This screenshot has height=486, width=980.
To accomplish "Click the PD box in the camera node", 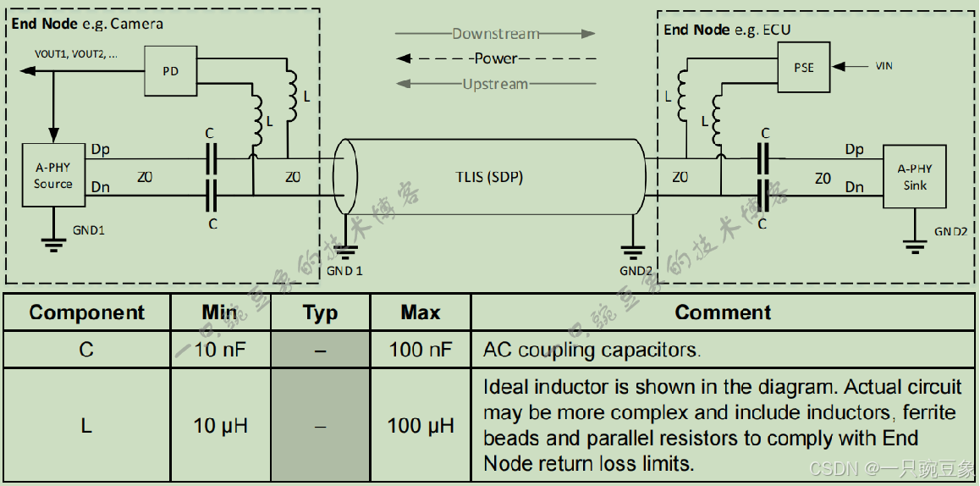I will pyautogui.click(x=170, y=71).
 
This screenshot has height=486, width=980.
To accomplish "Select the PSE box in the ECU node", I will pyautogui.click(x=803, y=67).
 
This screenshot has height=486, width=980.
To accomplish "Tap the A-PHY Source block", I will pyautogui.click(x=53, y=175).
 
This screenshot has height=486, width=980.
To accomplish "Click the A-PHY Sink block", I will pyautogui.click(x=915, y=177).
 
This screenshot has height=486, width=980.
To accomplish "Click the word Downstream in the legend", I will pyautogui.click(x=495, y=34).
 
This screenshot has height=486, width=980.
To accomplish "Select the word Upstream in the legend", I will pyautogui.click(x=495, y=84).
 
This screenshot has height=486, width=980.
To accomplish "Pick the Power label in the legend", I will pyautogui.click(x=496, y=58).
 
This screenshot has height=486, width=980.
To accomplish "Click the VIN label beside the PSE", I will pyautogui.click(x=882, y=66).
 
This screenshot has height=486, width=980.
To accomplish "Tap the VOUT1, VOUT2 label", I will pyautogui.click(x=76, y=53).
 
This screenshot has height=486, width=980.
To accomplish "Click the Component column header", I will pyautogui.click(x=87, y=312).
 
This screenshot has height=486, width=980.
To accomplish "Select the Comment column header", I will pyautogui.click(x=723, y=312).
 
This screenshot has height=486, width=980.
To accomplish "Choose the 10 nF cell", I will pyautogui.click(x=220, y=349).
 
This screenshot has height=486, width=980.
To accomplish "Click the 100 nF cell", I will pyautogui.click(x=421, y=349).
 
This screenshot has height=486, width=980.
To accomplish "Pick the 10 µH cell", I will pyautogui.click(x=220, y=425).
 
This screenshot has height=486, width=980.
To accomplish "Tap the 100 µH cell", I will pyautogui.click(x=421, y=425).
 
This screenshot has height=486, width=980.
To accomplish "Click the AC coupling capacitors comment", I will pyautogui.click(x=592, y=349).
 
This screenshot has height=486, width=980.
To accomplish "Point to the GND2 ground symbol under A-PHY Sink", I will pyautogui.click(x=915, y=245).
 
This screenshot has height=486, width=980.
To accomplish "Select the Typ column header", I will pyautogui.click(x=320, y=312).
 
